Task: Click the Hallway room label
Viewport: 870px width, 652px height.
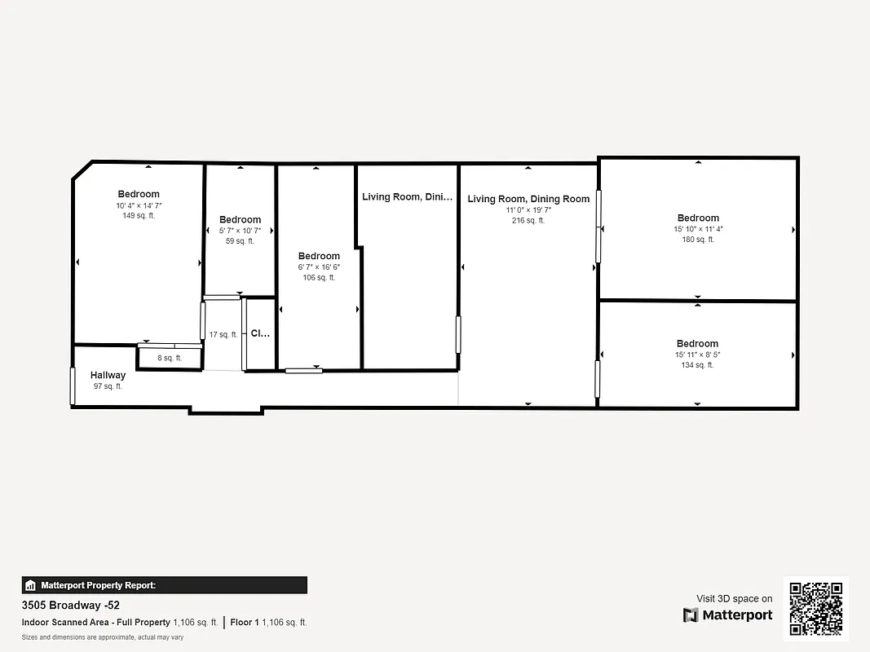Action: (x=108, y=375)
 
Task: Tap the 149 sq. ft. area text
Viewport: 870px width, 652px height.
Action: (x=139, y=216)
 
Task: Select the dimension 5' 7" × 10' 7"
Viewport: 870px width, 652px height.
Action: (x=240, y=231)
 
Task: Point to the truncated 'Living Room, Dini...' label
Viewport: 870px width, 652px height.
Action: (x=407, y=196)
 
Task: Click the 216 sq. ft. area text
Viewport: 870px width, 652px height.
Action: (x=528, y=221)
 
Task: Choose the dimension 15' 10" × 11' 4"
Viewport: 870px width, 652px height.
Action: (x=698, y=229)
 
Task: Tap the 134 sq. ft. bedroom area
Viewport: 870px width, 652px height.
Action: (x=697, y=365)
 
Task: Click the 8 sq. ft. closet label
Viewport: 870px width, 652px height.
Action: (x=170, y=358)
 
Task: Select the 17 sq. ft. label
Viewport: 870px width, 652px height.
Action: (x=223, y=334)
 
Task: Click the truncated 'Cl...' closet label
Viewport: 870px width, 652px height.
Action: (x=260, y=333)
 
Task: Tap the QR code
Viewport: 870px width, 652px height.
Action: (x=816, y=608)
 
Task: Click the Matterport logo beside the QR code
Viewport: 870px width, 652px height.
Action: (x=727, y=615)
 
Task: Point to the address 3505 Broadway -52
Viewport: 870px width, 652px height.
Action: (x=71, y=606)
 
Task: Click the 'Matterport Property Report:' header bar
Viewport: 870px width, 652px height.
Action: (x=165, y=585)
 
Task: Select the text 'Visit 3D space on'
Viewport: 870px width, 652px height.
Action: (x=734, y=598)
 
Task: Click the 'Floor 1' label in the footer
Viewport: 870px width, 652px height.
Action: (x=245, y=623)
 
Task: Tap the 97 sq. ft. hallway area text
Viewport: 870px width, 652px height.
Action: (x=108, y=386)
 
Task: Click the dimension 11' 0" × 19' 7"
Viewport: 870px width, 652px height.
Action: (x=528, y=209)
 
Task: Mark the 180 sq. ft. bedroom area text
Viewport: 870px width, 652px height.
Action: (x=698, y=240)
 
